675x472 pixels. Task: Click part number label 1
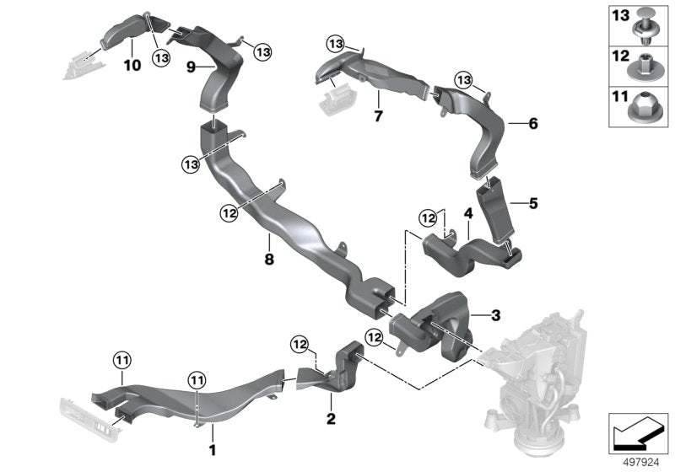pos(213,450)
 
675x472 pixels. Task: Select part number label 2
pos(331,417)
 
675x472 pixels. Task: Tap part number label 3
pos(496,315)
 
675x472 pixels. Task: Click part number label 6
pos(532,124)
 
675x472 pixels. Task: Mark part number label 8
pos(269,260)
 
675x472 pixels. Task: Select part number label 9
pos(192,66)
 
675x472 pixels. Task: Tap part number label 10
pos(132,65)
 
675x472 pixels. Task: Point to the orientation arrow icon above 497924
pos(639,432)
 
